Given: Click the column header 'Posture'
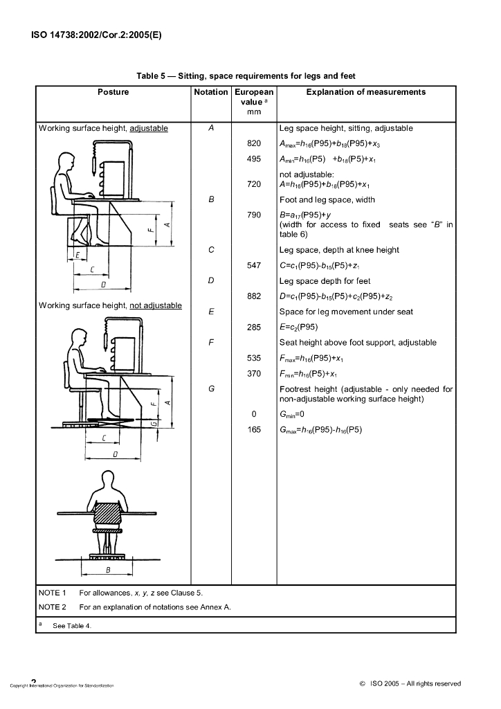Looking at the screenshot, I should pos(113,92).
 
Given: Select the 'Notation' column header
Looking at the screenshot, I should pos(211,92).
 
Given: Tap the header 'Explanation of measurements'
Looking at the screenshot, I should pos(366,92).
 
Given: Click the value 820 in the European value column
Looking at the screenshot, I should pos(254,144).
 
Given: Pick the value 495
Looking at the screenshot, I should pos(254,159).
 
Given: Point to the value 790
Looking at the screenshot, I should pos(254,215).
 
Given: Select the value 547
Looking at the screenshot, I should pos(254,265).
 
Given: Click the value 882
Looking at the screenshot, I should pos(254,296).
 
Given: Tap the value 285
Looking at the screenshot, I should pos(254,327).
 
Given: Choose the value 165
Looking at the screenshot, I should pos(254,429).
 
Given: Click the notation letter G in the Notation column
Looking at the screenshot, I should pos(211,389).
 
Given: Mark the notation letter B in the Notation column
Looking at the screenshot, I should pos(211,199).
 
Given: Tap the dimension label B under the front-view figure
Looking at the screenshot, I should pos(108,570).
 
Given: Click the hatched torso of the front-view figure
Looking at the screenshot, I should pos(108,514).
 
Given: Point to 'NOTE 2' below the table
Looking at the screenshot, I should pos(53,607).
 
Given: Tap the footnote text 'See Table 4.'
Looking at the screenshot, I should pos(72,625).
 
